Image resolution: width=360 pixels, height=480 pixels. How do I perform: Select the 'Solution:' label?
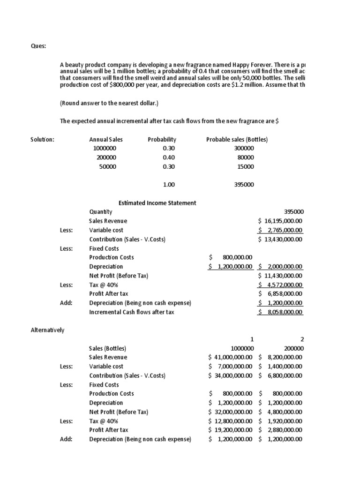42,139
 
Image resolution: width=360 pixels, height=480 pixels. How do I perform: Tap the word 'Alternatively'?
47,330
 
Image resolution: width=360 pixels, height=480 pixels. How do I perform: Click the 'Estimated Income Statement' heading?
157,202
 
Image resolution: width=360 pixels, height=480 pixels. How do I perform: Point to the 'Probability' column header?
162,139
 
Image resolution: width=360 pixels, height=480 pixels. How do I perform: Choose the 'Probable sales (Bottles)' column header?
237,139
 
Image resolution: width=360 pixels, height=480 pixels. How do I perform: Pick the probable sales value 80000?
246,157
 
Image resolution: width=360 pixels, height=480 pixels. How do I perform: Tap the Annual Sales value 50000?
107,166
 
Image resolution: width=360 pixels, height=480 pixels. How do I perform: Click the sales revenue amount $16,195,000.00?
280,221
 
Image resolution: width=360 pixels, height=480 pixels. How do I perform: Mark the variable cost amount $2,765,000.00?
280,230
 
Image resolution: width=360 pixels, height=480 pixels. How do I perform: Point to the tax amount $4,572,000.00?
280,285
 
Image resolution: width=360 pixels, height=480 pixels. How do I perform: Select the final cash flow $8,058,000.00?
280,312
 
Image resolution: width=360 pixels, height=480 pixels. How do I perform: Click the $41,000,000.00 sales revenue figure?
231,357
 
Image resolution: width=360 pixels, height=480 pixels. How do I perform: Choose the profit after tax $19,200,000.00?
231,430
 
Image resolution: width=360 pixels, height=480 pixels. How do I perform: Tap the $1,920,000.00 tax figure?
280,421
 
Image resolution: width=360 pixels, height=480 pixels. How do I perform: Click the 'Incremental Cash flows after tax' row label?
131,312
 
